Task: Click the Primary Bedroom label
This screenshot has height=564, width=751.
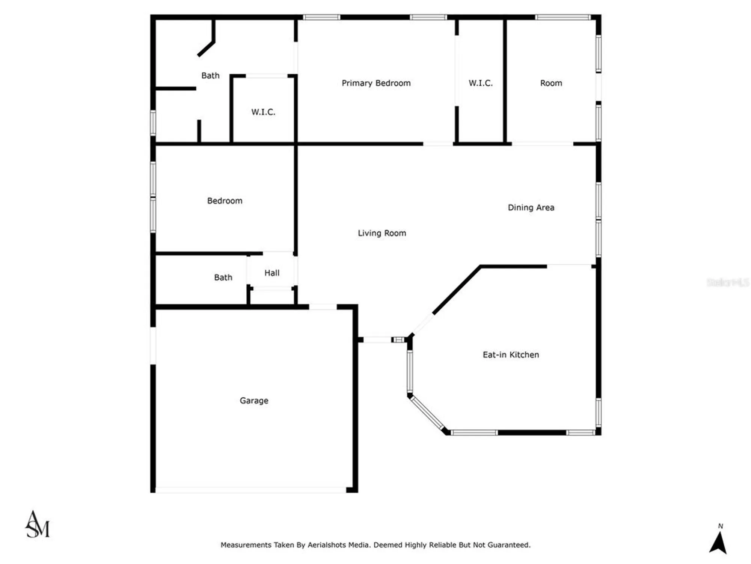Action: pyautogui.click(x=376, y=83)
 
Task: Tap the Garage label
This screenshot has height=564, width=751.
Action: pyautogui.click(x=254, y=400)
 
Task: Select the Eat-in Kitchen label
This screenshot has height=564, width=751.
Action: pyautogui.click(x=511, y=355)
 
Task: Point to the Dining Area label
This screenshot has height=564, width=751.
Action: pyautogui.click(x=531, y=208)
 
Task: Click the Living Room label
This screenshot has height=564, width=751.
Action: pyautogui.click(x=382, y=233)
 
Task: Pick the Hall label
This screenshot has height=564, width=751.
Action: pyautogui.click(x=272, y=273)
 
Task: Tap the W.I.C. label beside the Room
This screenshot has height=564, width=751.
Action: pyautogui.click(x=481, y=83)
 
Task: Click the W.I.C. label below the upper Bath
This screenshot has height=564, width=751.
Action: pyautogui.click(x=263, y=112)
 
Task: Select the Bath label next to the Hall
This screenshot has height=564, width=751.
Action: pyautogui.click(x=223, y=277)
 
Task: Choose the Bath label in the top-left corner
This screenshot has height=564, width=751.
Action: pyautogui.click(x=210, y=76)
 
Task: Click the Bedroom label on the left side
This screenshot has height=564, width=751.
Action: pyautogui.click(x=225, y=201)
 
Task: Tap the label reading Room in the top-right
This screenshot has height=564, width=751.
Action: pyautogui.click(x=551, y=83)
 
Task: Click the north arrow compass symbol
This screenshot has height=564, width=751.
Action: pyautogui.click(x=718, y=543)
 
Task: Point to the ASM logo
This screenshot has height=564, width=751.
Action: pyautogui.click(x=37, y=525)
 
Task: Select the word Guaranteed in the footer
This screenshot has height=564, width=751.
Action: pyautogui.click(x=509, y=545)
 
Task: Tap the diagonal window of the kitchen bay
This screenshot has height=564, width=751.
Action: pyautogui.click(x=427, y=413)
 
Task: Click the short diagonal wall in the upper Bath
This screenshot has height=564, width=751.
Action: pyautogui.click(x=206, y=49)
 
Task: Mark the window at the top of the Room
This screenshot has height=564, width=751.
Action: pyautogui.click(x=563, y=17)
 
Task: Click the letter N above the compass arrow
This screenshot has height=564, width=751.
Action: pyautogui.click(x=721, y=526)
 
